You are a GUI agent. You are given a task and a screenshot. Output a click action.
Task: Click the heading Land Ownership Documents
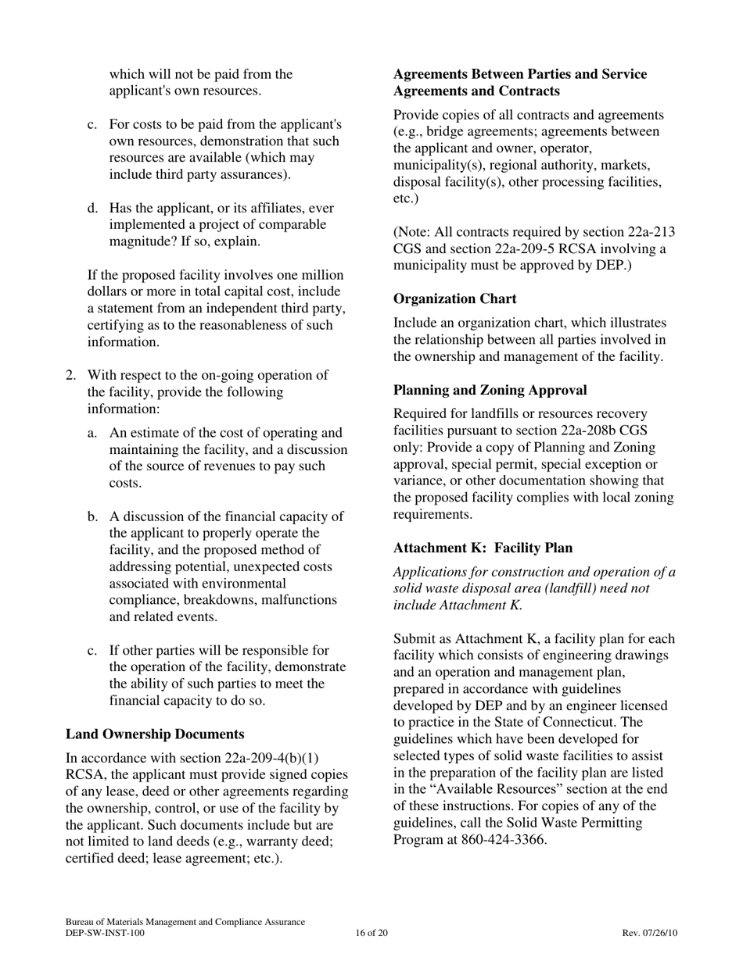tap(155, 734)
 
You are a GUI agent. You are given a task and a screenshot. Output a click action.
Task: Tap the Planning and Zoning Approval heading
tap(490, 390)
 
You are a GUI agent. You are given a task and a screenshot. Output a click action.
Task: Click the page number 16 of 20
tap(371, 933)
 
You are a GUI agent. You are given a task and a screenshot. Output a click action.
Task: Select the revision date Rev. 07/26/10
tap(650, 933)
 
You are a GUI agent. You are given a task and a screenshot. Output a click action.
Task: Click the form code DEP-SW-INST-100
tap(105, 933)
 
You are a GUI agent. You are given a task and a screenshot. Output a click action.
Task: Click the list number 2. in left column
tap(70, 375)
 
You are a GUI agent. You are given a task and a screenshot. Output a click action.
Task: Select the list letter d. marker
tap(93, 208)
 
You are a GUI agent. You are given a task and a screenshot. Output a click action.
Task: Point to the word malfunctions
tap(298, 600)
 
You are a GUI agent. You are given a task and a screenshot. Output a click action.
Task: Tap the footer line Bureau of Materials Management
tap(185, 922)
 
